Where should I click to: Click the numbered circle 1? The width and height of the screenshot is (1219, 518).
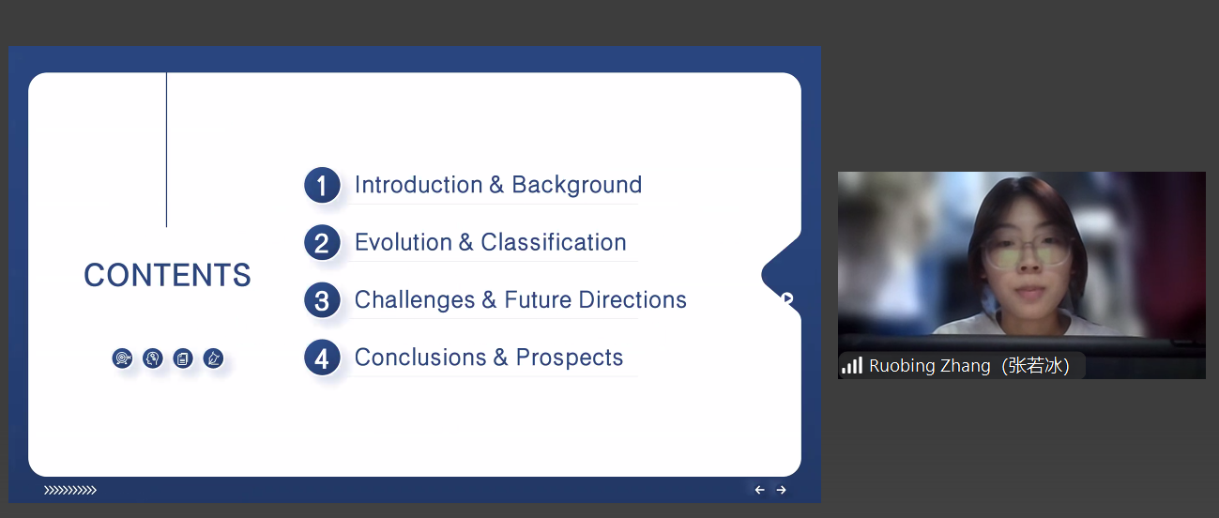pyautogui.click(x=322, y=185)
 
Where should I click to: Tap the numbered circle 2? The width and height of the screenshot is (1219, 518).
pyautogui.click(x=322, y=243)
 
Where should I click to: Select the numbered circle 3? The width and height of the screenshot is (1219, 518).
pyautogui.click(x=322, y=300)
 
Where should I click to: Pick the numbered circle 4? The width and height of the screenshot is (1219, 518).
pyautogui.click(x=322, y=358)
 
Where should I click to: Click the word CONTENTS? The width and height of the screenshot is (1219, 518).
pyautogui.click(x=167, y=275)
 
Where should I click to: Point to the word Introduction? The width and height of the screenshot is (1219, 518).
pyautogui.click(x=419, y=185)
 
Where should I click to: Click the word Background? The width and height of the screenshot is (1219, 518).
pyautogui.click(x=577, y=185)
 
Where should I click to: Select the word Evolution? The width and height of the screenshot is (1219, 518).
pyautogui.click(x=404, y=242)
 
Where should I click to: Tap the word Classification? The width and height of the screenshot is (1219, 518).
pyautogui.click(x=554, y=242)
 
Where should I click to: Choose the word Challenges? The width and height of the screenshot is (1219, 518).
pyautogui.click(x=415, y=299)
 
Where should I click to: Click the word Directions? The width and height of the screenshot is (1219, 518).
pyautogui.click(x=632, y=299)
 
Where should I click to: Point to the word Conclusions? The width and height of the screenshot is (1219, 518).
pyautogui.click(x=420, y=358)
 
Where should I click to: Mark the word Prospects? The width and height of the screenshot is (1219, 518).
pyautogui.click(x=570, y=358)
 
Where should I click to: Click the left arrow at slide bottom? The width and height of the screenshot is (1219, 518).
pyautogui.click(x=760, y=490)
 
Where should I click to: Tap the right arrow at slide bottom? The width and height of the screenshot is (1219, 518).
pyautogui.click(x=781, y=490)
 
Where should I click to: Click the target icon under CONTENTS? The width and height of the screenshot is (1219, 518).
pyautogui.click(x=122, y=358)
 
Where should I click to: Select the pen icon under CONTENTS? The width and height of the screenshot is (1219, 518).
pyautogui.click(x=213, y=358)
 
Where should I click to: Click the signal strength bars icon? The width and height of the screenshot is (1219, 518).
pyautogui.click(x=852, y=365)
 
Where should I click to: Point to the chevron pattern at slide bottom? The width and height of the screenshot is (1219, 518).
pyautogui.click(x=70, y=490)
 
